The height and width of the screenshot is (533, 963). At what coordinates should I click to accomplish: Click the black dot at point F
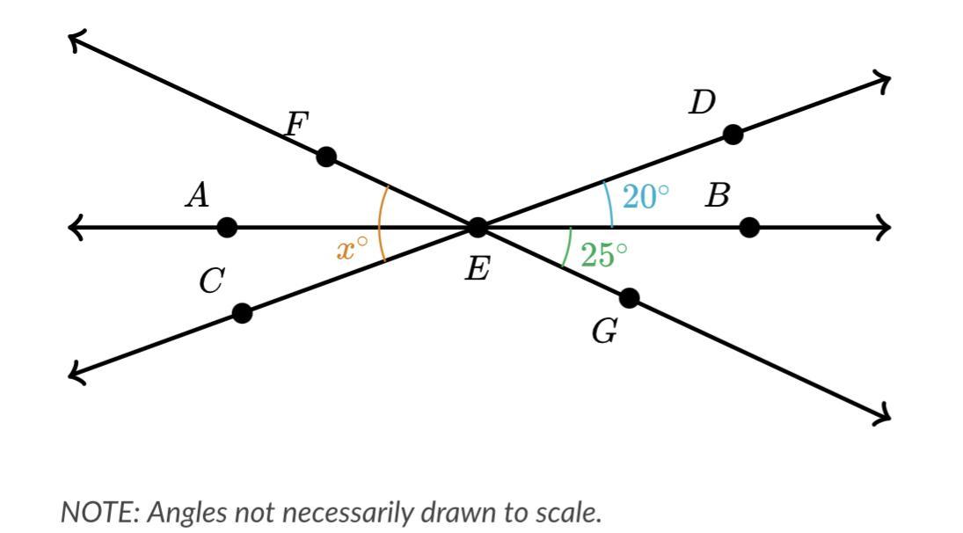click(x=325, y=157)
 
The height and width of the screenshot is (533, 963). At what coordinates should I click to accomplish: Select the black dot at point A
click(x=227, y=228)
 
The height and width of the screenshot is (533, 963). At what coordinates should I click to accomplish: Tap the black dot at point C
click(x=243, y=312)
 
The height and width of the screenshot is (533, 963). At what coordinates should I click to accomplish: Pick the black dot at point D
click(x=732, y=135)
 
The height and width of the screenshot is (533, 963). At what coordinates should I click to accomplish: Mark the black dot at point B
click(x=748, y=228)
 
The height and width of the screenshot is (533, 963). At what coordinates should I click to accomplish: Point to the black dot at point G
click(x=630, y=298)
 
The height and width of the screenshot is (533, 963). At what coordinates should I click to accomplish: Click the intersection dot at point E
click(x=477, y=228)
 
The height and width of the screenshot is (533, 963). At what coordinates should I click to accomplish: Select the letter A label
click(x=197, y=195)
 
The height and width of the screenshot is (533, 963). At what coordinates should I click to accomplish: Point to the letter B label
click(x=717, y=196)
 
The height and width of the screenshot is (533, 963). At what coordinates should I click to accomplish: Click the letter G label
click(x=604, y=332)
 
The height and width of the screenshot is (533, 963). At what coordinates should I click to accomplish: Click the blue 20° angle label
click(x=646, y=197)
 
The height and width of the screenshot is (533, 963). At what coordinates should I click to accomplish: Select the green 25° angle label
click(x=604, y=255)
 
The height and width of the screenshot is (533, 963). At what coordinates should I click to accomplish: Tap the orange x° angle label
click(x=351, y=249)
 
